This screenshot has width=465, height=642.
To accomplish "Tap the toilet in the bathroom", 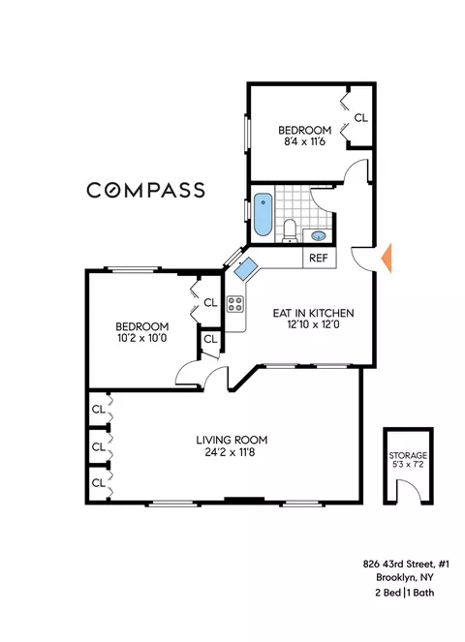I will [290, 228].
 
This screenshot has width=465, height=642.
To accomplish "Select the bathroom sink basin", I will [319, 235].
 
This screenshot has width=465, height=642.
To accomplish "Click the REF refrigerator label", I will [317, 259].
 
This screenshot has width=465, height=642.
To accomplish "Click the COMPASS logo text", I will [145, 190].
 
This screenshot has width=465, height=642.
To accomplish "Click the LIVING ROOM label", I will [229, 438].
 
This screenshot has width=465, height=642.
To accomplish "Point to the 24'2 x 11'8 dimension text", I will [229, 451].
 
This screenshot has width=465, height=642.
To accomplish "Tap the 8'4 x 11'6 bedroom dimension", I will [304, 143].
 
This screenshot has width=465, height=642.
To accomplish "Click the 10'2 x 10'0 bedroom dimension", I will [142, 340].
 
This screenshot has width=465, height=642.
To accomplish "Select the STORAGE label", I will [408, 454].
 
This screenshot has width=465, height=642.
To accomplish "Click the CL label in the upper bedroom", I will [360, 118].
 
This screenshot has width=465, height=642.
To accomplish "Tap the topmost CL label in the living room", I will [98, 409].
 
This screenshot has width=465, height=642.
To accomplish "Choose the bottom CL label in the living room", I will [98, 481].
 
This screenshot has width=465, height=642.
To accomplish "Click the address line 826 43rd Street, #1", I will [397, 565].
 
